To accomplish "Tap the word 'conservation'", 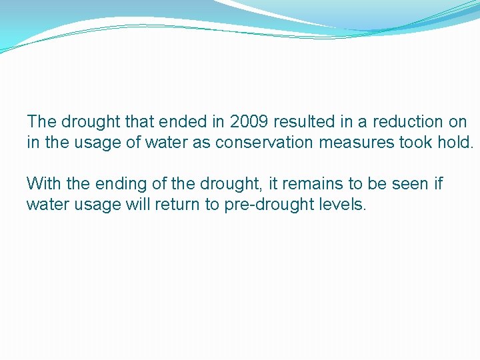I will click(258, 143).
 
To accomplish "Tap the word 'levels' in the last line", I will click(343, 205).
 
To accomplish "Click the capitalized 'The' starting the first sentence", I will click(41, 122).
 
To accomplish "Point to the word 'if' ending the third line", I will click(438, 183).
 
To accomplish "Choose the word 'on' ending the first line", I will click(458, 122).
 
